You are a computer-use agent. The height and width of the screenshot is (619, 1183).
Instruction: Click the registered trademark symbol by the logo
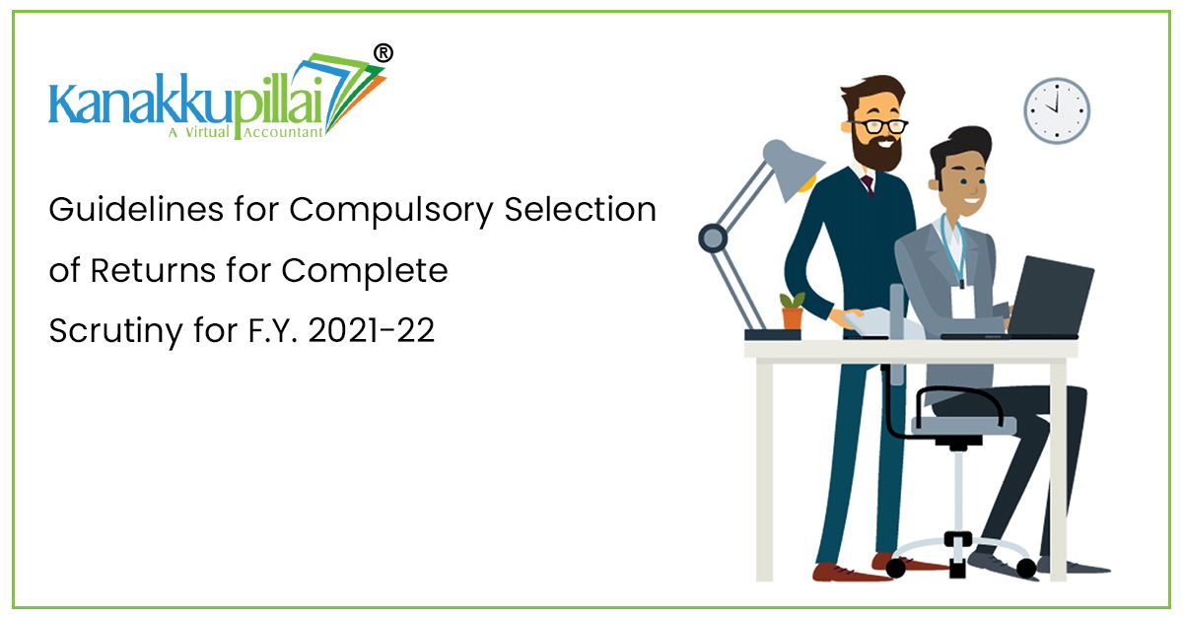(383, 53)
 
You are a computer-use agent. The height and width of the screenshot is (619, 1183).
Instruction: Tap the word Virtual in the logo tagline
(207, 131)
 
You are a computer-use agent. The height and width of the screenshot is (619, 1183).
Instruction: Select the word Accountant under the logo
(283, 132)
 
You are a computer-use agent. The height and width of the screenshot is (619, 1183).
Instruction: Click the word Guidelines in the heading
(136, 209)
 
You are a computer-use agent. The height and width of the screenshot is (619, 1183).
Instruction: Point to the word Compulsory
(390, 211)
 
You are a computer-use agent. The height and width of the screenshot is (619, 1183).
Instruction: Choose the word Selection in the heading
(580, 209)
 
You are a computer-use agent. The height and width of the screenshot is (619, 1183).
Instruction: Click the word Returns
(153, 270)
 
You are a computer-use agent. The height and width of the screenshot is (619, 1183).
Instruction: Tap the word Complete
(365, 272)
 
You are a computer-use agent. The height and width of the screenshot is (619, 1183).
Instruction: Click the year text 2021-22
(372, 330)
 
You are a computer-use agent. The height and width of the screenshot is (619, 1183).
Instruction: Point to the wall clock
(1057, 111)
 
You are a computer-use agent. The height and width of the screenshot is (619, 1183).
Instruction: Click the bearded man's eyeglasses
(879, 126)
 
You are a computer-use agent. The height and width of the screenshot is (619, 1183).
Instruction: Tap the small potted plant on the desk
(793, 311)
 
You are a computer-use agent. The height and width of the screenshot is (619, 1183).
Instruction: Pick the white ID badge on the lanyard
(963, 303)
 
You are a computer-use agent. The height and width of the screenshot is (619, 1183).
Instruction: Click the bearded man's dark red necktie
(868, 184)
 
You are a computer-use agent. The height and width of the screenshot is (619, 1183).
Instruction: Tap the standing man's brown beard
(877, 151)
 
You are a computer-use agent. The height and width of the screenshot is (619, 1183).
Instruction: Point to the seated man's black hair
(959, 148)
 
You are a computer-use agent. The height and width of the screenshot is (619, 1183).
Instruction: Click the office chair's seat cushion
(964, 425)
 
